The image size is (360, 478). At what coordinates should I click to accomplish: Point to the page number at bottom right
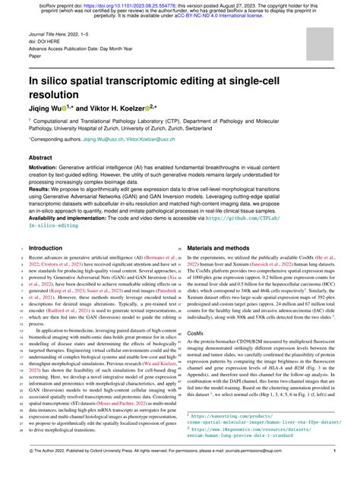334,471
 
